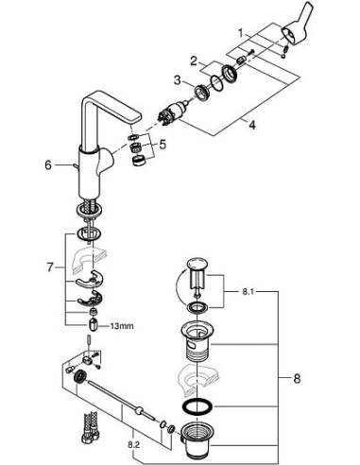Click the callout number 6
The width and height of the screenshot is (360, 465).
click(47, 164)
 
